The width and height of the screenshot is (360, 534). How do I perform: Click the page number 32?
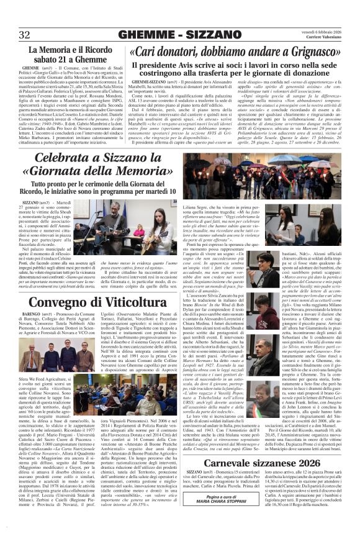pos(25,34)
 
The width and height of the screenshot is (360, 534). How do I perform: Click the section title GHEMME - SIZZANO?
pos(179,34)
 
